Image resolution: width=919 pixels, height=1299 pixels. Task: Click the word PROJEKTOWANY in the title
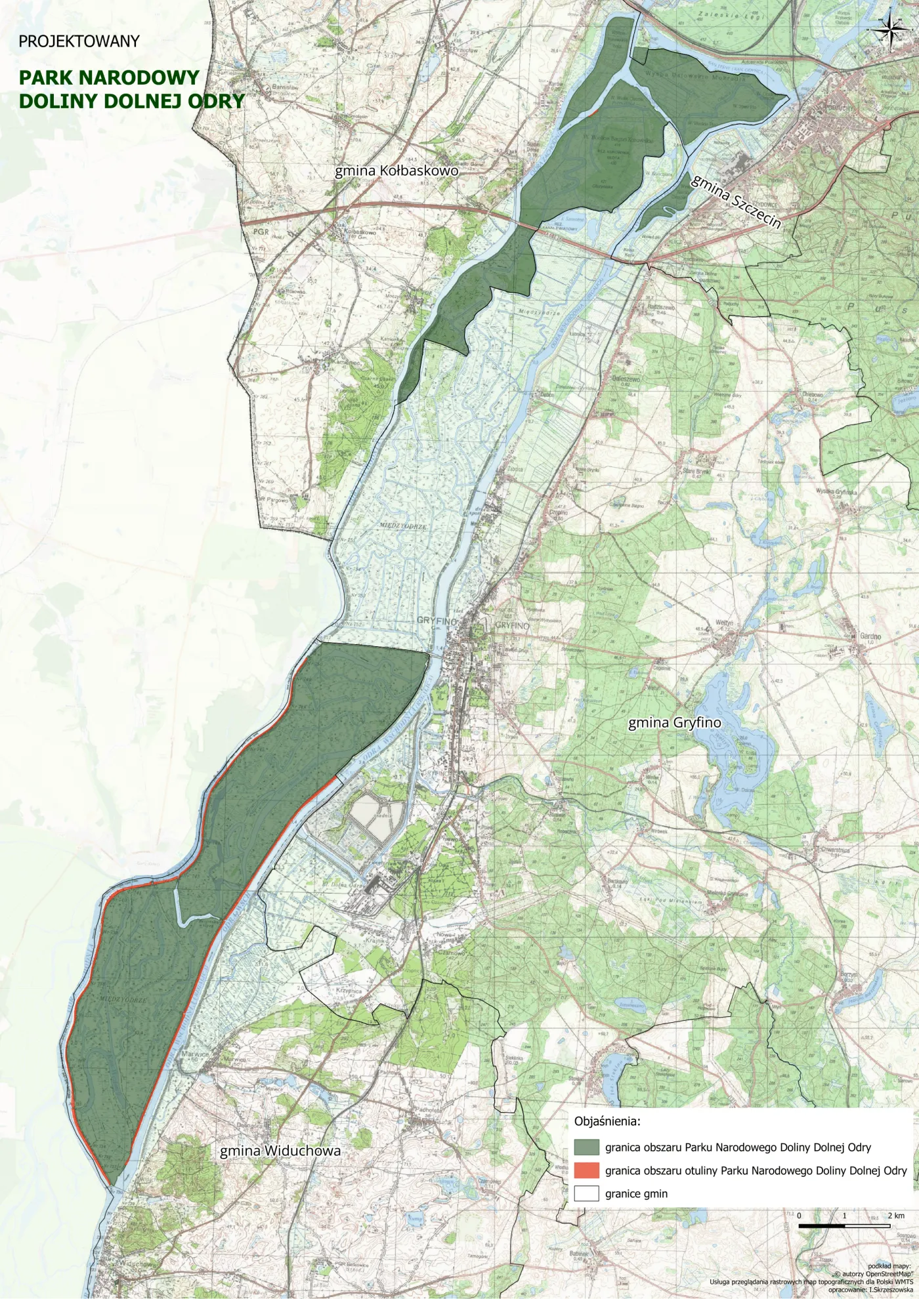pos(79,41)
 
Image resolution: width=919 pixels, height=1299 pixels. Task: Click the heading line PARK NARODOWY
pos(109,77)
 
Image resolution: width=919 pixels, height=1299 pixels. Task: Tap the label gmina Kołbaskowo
pos(396,171)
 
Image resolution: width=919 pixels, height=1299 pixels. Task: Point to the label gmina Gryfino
pos(674,723)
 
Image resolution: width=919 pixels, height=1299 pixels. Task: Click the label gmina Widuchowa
pos(280,1151)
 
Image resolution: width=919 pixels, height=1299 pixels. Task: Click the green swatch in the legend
pos(586,1147)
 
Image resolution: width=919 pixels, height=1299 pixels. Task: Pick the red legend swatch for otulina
pos(586,1170)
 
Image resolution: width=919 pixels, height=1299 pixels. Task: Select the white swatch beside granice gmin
pos(586,1193)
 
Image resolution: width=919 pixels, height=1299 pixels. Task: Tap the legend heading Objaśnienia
pos(607,1121)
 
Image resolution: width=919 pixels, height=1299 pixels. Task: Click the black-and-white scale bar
pos(844,1225)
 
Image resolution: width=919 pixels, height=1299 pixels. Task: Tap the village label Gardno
pos(870,636)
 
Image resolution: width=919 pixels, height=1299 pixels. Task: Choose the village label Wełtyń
pos(724,623)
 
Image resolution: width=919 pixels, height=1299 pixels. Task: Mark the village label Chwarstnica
pos(834,850)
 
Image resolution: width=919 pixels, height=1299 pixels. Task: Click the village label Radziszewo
pos(661,306)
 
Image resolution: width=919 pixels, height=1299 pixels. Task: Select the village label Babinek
pos(579,1254)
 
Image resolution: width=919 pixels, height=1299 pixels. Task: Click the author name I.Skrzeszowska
pos(891,1290)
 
